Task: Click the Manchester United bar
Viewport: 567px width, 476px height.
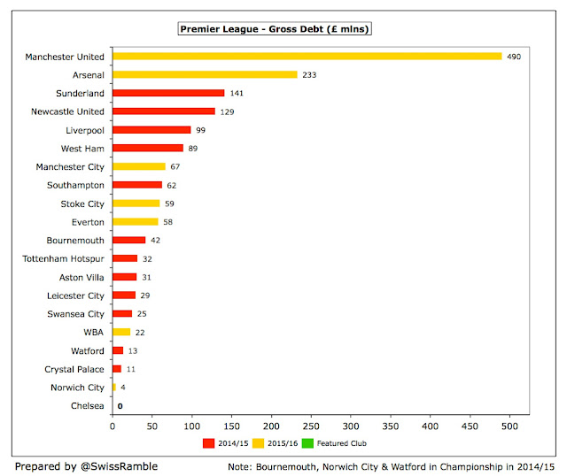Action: coord(307,56)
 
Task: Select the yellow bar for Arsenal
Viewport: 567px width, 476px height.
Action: coord(205,74)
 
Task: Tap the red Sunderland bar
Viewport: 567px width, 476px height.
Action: coord(168,93)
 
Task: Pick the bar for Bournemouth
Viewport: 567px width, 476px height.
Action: coord(128,240)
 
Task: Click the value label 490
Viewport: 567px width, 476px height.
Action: coord(513,56)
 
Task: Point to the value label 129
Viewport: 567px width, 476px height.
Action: coord(227,111)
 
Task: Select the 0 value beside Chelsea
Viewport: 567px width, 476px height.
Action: coord(120,406)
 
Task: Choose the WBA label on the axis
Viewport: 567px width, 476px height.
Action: coord(92,332)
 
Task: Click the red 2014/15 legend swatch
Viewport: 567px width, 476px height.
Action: coord(209,442)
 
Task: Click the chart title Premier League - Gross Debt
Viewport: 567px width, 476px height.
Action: coord(275,29)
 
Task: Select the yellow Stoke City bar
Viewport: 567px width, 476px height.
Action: coord(136,203)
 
